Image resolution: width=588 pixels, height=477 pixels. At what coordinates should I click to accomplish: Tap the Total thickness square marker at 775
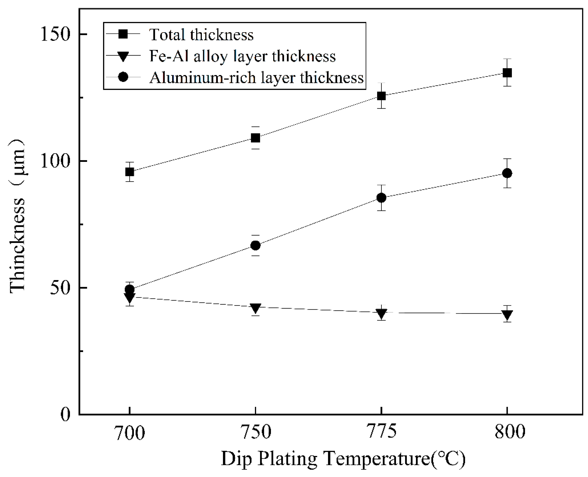381,96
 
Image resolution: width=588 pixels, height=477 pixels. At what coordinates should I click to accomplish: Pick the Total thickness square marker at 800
507,73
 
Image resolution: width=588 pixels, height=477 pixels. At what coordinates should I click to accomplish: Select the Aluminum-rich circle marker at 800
507,173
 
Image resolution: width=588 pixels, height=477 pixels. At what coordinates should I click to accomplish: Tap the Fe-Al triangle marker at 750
255,308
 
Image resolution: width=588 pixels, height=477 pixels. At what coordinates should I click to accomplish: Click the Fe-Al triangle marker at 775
381,313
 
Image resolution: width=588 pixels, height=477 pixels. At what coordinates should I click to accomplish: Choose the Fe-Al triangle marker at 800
507,314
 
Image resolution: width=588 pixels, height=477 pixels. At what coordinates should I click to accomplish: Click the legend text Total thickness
201,35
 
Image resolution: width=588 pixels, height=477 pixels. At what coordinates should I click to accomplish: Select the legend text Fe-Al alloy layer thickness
242,56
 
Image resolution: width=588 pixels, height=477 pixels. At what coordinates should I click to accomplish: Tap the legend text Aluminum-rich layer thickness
256,78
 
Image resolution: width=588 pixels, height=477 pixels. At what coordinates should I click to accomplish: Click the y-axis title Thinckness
18,217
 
